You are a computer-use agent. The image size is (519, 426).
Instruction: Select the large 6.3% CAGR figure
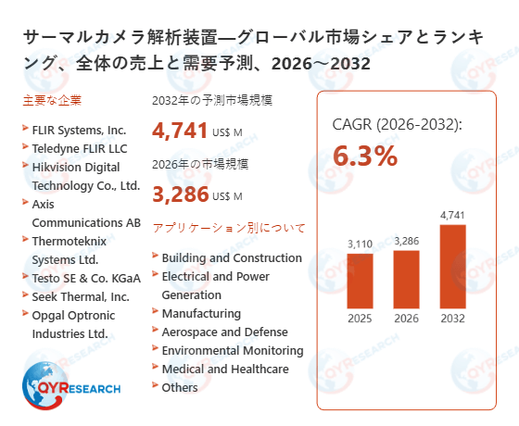364,156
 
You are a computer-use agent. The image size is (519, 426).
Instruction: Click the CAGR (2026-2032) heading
397,125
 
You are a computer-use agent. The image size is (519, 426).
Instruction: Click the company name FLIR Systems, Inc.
79,130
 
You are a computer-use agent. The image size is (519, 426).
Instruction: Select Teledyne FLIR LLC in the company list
79,148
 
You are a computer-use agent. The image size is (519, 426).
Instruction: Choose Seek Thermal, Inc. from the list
81,296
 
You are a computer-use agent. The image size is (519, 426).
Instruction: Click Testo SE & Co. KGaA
85,278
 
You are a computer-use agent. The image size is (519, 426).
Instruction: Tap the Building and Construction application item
232,257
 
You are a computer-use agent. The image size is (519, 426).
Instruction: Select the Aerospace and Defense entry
224,332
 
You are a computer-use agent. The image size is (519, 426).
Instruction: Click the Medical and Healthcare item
224,369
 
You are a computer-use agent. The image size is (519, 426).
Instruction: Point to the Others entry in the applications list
180,387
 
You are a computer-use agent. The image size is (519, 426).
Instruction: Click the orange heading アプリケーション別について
228,227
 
